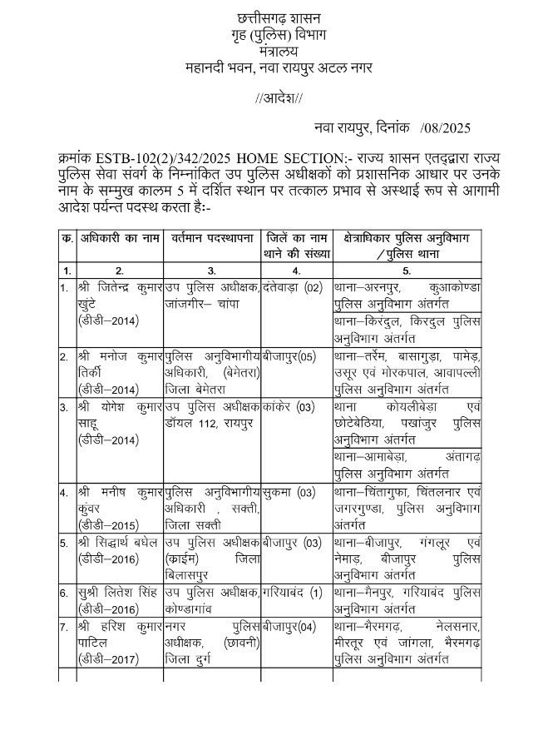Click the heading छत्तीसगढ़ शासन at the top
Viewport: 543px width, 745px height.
[279, 17]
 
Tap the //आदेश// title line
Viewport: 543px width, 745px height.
[279, 99]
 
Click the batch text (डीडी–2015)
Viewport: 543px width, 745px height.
[109, 524]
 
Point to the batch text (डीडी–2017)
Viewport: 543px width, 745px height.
[109, 659]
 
